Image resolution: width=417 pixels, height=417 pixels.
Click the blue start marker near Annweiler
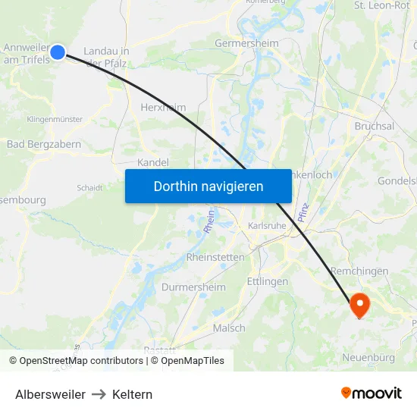point(58,52)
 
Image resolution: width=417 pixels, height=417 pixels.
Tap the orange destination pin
point(358,306)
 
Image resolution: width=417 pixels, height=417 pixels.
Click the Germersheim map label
point(247,43)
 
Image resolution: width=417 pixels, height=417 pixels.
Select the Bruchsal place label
point(374,126)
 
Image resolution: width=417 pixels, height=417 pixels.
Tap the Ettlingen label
point(268,281)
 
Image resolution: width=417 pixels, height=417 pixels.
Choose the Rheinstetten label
point(215,257)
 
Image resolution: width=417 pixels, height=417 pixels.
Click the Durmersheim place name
point(193,287)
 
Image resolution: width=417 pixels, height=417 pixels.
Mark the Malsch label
point(229,328)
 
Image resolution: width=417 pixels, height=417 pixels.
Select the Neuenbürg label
point(369,357)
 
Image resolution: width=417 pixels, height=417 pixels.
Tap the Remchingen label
point(359,271)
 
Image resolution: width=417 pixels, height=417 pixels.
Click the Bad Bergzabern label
point(44,144)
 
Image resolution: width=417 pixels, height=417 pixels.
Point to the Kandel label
point(153,162)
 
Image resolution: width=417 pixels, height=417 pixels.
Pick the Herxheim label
point(163,108)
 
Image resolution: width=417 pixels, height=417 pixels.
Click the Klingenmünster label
point(55,119)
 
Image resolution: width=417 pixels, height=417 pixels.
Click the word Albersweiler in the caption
point(50,394)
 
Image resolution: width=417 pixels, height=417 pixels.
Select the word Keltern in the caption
point(132,394)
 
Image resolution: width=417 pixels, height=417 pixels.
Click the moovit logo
point(372,393)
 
